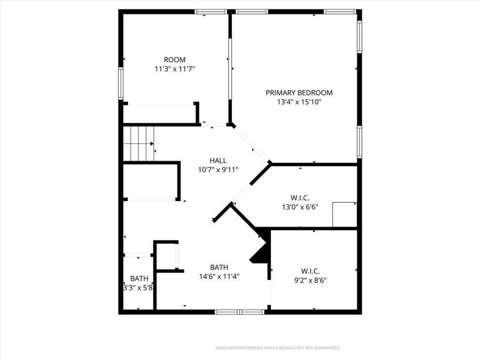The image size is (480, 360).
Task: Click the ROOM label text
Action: (x=174, y=60)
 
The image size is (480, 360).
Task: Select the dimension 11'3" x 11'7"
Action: (x=174, y=69)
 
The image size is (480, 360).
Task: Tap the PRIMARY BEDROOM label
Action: (x=299, y=92)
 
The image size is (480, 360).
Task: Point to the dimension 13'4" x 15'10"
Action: (x=299, y=101)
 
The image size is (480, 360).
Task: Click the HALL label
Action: (x=218, y=160)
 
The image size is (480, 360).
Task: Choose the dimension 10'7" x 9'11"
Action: (x=218, y=169)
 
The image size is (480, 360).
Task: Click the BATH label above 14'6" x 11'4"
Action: (x=219, y=267)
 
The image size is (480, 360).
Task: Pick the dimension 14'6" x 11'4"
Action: (x=219, y=276)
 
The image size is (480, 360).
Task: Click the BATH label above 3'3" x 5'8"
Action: (x=139, y=278)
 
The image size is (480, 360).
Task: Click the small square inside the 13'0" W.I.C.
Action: (x=344, y=214)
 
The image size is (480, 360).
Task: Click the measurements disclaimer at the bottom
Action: (x=277, y=348)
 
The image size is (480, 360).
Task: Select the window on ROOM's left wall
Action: (x=121, y=83)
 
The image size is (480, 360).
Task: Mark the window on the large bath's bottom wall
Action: (x=239, y=311)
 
